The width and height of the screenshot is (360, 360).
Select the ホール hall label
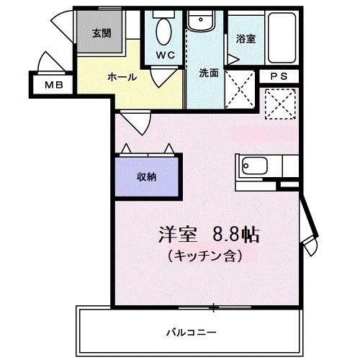click(122, 76)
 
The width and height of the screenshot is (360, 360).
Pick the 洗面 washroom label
click(210, 72)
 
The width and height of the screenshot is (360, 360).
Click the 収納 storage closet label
click(148, 176)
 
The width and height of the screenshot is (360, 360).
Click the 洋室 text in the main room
click(177, 235)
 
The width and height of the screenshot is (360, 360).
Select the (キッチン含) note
click(204, 255)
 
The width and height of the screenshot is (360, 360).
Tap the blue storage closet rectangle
click(148, 177)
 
